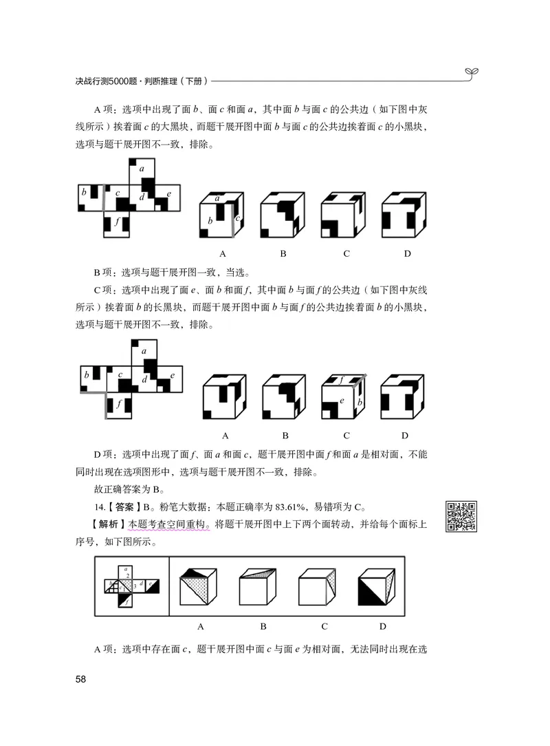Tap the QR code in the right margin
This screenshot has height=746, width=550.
(x=461, y=517)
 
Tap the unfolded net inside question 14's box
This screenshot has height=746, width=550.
(x=131, y=586)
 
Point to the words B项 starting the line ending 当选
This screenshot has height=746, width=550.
(x=105, y=271)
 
